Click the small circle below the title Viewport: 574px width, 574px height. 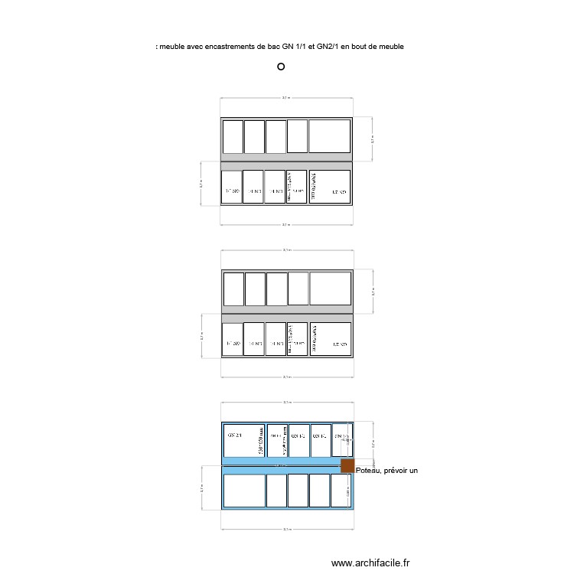[x=281, y=67]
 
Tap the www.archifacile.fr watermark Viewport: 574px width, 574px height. [x=371, y=563]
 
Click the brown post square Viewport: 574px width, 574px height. [x=347, y=465]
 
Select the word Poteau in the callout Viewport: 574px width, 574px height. [x=369, y=470]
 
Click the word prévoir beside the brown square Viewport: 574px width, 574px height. [x=396, y=470]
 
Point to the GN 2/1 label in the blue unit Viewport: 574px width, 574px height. [x=234, y=435]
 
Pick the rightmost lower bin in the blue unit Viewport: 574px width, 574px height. [x=341, y=490]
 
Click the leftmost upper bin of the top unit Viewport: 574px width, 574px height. [x=232, y=136]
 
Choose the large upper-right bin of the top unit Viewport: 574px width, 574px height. [x=330, y=136]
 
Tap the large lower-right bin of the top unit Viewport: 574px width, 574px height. [x=330, y=187]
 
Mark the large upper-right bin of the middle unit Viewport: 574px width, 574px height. [x=330, y=289]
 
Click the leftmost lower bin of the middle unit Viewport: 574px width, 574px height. [x=232, y=340]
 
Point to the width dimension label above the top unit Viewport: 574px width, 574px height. [x=286, y=98]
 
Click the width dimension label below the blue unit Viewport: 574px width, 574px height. [x=286, y=529]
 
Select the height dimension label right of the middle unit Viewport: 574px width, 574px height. [x=373, y=292]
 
